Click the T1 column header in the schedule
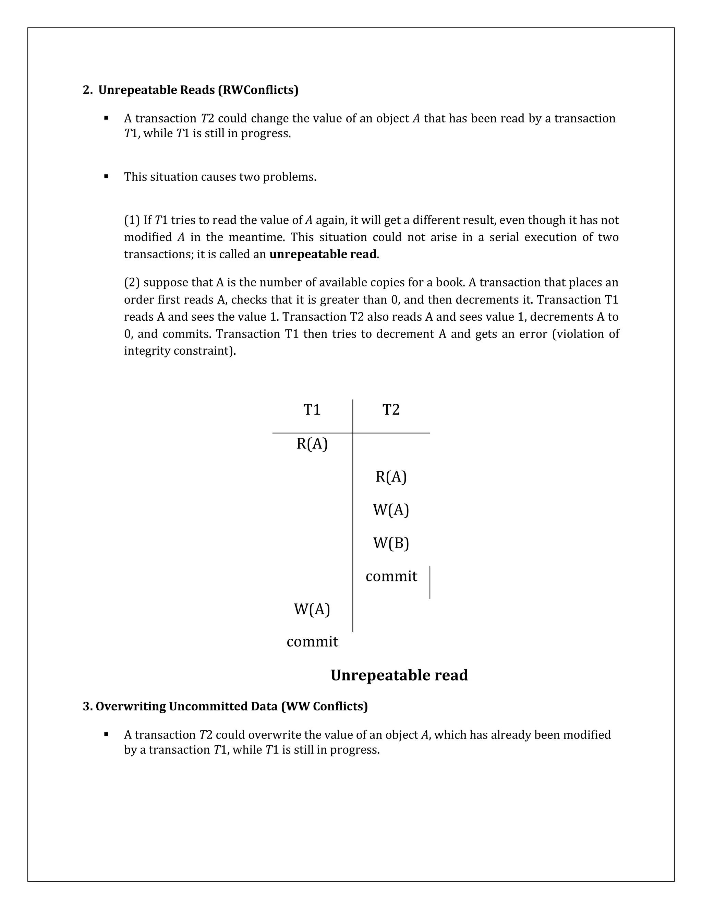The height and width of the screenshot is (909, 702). click(312, 410)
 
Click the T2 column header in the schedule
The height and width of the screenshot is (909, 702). click(391, 410)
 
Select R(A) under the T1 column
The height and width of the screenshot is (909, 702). click(312, 444)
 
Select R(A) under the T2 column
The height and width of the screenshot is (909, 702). click(391, 477)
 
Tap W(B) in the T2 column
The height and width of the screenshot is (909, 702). click(391, 543)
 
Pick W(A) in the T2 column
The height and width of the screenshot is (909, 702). click(391, 510)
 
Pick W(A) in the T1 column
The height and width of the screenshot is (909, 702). click(312, 609)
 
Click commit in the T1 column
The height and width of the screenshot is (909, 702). click(312, 642)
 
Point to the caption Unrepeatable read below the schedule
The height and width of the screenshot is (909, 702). click(399, 675)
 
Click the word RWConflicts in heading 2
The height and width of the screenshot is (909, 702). click(258, 90)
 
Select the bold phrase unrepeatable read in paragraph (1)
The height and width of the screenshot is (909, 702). click(323, 254)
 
